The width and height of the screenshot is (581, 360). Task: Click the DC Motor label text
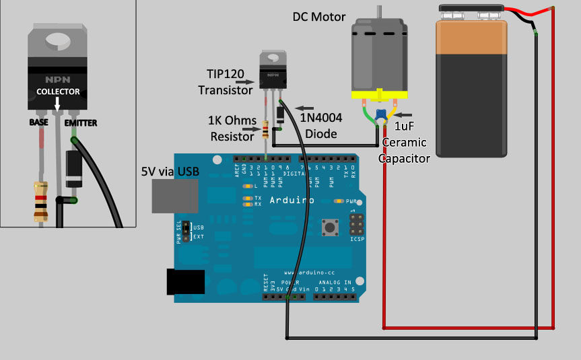click(x=319, y=17)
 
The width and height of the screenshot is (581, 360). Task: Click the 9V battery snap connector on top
click(x=472, y=11)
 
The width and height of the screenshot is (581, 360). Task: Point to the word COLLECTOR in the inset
click(x=58, y=92)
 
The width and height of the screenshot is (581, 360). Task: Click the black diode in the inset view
click(x=73, y=169)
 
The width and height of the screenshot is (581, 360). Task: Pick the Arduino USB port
click(x=175, y=196)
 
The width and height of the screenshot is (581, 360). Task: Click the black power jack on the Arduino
click(x=185, y=281)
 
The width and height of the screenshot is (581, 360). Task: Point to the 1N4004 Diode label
click(x=320, y=126)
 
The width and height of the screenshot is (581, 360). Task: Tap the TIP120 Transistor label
click(x=226, y=81)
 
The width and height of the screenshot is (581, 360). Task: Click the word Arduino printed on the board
click(x=292, y=200)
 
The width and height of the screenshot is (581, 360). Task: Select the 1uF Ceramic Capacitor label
click(x=404, y=142)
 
